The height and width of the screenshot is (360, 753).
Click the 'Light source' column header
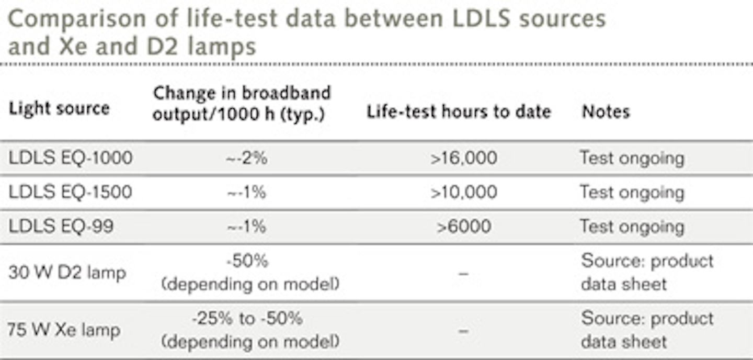(59, 109)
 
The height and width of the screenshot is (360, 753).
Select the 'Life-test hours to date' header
(459, 111)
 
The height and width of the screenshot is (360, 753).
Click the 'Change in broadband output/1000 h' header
(242, 103)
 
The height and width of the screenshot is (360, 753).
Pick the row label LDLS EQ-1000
(70, 158)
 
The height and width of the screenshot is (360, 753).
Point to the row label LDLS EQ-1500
(70, 192)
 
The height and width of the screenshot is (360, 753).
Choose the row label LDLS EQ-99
(61, 226)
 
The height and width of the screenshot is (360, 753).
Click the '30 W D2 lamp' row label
(67, 273)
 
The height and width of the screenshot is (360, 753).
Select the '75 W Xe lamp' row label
(64, 330)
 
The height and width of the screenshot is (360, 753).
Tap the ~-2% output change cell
(247, 158)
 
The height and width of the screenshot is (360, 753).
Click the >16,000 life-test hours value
(464, 158)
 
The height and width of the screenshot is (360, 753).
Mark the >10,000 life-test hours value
(464, 192)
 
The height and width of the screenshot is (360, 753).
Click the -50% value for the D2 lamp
(247, 261)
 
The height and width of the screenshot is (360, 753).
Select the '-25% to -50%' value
(247, 318)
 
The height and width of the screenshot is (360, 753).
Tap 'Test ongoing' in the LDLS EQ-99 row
(632, 226)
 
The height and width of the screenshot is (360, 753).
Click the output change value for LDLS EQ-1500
(247, 192)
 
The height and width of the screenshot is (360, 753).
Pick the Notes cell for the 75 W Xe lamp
(647, 330)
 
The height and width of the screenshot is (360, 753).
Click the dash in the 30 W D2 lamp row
(463, 273)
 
